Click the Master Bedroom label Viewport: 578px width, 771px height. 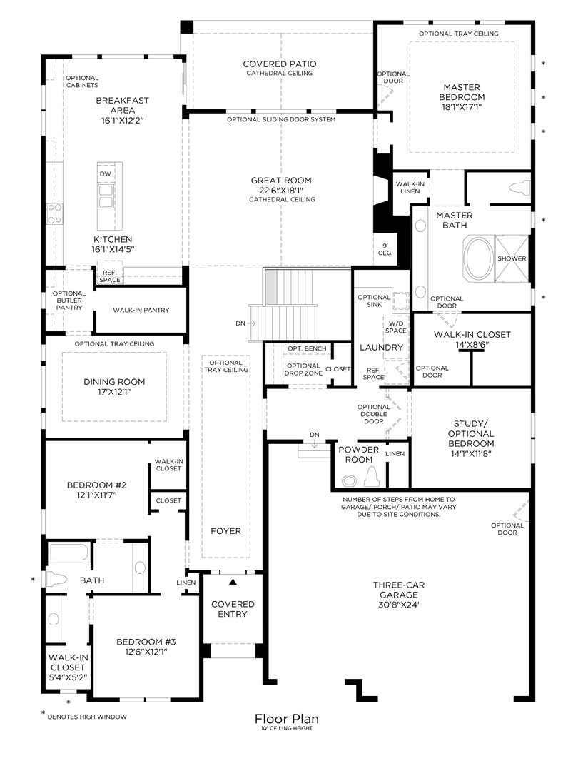[x=462, y=92]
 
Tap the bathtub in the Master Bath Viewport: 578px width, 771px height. [x=478, y=258]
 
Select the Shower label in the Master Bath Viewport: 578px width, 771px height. [x=512, y=258]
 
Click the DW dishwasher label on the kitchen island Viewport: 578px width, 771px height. [x=105, y=174]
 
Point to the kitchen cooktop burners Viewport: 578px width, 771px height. [x=54, y=214]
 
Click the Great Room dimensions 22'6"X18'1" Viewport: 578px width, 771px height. [x=281, y=191]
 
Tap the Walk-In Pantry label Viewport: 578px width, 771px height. [x=141, y=311]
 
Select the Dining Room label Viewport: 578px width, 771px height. [x=114, y=381]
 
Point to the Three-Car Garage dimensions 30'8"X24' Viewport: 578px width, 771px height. [x=399, y=605]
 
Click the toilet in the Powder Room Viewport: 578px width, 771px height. [x=372, y=476]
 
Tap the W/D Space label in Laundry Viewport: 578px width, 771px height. [x=395, y=327]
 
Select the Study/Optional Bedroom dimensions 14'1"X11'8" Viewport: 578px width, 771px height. [x=471, y=453]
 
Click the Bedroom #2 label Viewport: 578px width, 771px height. [x=96, y=485]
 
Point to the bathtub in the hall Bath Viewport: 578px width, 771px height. [x=69, y=553]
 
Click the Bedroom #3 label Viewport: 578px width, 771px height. [x=146, y=642]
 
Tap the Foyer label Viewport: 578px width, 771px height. [x=225, y=531]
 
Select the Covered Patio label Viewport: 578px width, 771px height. [x=280, y=64]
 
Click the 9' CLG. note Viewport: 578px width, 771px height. [x=385, y=249]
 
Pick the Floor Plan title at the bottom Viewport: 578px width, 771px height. [x=287, y=719]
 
